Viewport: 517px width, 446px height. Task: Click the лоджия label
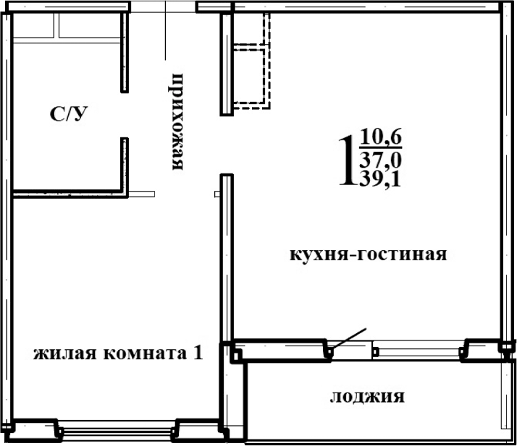tap(367, 396)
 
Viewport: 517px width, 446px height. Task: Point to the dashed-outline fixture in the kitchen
tap(251, 61)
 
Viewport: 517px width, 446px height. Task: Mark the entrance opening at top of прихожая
tap(164, 7)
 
